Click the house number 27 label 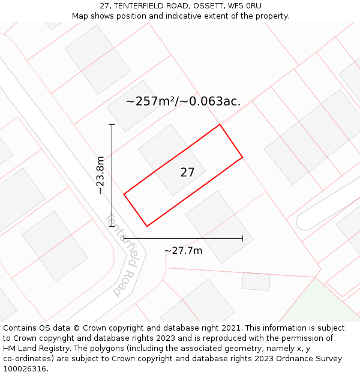click(187, 173)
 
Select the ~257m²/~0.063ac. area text click(183, 101)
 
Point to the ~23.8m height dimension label click(100, 175)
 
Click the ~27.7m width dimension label click(183, 250)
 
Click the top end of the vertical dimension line click(112, 125)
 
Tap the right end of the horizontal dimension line click(242, 238)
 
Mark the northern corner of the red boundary click(220, 125)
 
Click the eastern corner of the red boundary click(242, 157)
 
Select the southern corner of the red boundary click(147, 226)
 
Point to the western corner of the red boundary click(124, 194)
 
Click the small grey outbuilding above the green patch click(256, 281)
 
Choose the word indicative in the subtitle click(170, 16)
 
